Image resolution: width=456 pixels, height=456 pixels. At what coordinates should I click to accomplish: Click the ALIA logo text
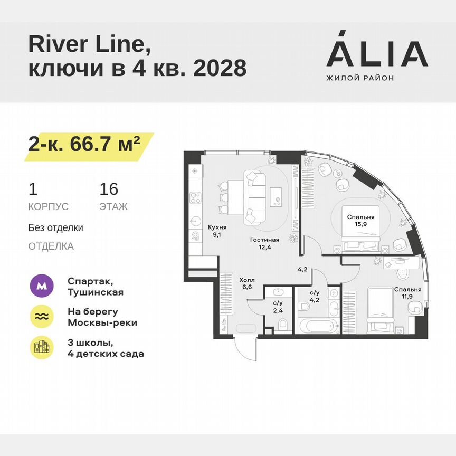tap(377, 54)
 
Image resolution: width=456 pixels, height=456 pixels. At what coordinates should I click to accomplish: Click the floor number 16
tap(109, 189)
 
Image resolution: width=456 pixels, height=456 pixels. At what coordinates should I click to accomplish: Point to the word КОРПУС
tap(48, 207)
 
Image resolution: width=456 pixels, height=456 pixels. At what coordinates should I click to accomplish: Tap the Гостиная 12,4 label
tap(264, 243)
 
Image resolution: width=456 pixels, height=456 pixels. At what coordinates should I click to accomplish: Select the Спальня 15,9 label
tap(360, 221)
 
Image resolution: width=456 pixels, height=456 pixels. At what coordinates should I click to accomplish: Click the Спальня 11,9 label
tap(407, 293)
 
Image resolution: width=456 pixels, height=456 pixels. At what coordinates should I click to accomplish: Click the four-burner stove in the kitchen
tap(196, 197)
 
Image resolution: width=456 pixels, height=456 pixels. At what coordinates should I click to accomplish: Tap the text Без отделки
tap(55, 228)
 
